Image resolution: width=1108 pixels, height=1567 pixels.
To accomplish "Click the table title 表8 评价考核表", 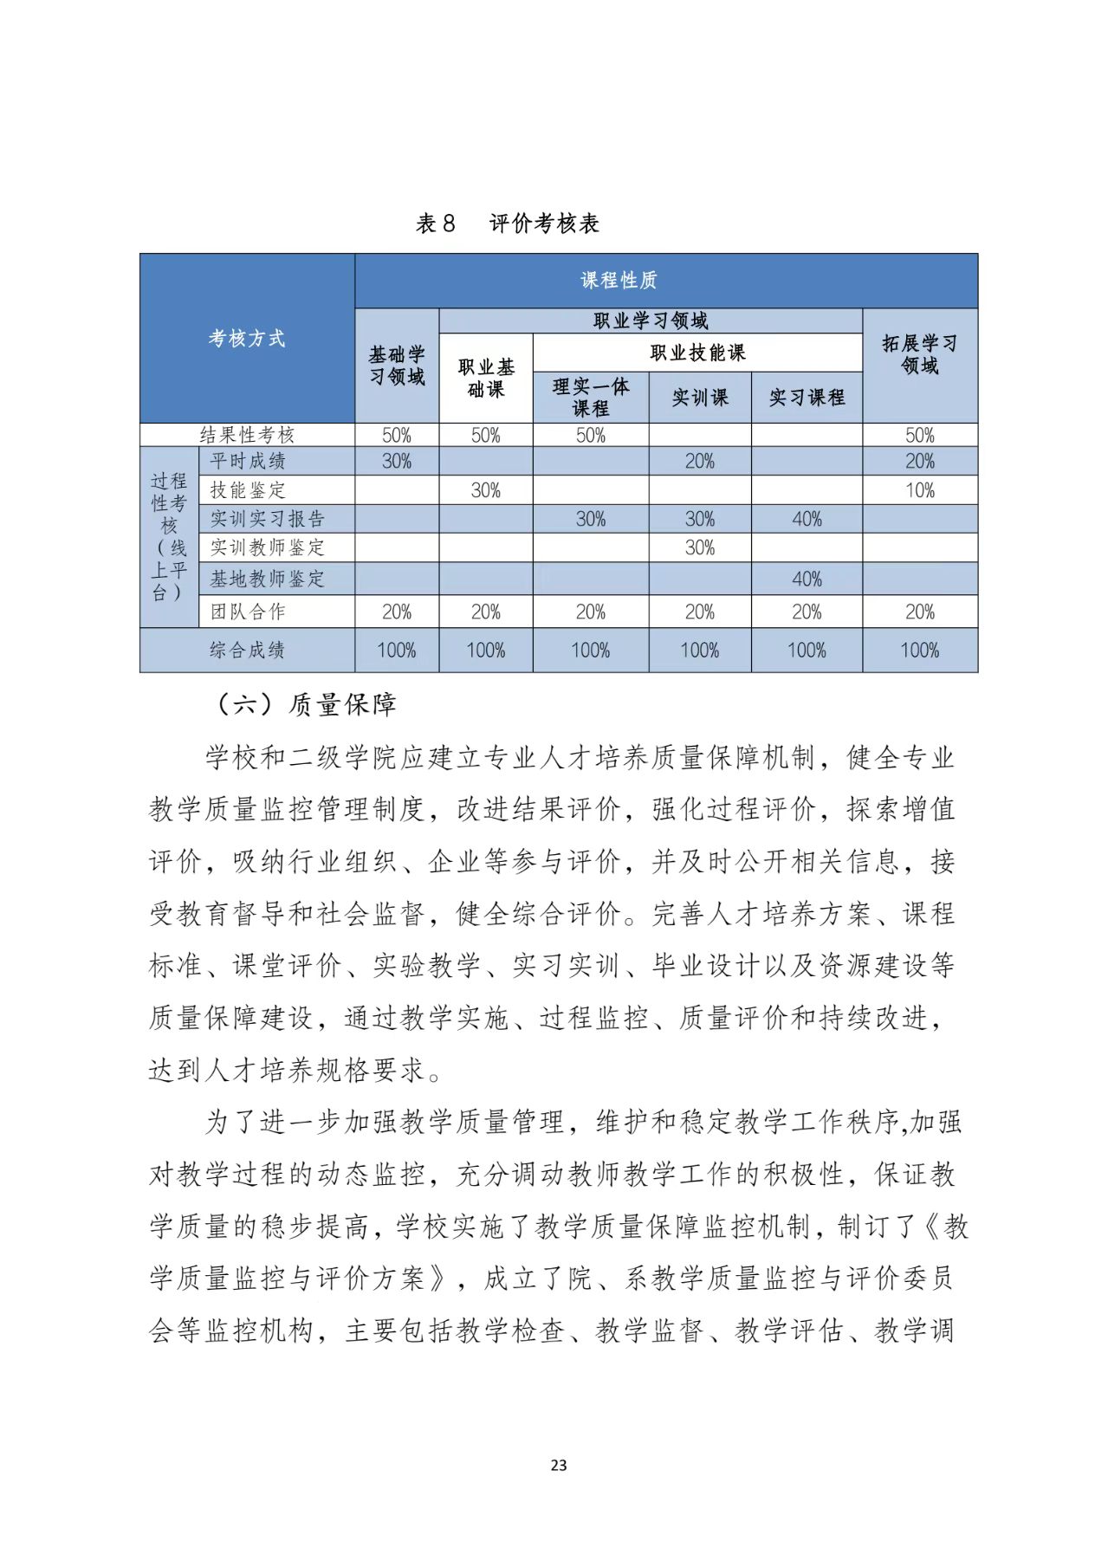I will (508, 223).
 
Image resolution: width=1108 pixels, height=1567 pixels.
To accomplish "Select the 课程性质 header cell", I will (619, 280).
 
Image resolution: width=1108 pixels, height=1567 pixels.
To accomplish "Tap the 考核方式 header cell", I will (247, 338).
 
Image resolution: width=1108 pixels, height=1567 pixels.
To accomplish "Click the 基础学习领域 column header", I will (397, 366).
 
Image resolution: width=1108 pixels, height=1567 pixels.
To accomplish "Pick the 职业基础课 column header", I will (486, 379).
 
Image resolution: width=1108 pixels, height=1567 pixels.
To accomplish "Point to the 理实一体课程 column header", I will (591, 397).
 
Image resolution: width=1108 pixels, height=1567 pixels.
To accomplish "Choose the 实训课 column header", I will (700, 398).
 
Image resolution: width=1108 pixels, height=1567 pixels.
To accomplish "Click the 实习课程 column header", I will (807, 398).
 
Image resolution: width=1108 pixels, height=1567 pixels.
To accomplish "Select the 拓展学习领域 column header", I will (920, 354).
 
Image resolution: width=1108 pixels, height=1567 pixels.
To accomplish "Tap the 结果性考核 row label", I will (247, 435).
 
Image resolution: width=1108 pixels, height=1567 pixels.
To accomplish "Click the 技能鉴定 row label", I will (248, 490).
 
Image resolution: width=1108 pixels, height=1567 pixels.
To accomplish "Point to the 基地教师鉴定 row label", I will (268, 579).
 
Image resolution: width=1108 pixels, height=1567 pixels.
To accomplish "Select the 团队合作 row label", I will (248, 612).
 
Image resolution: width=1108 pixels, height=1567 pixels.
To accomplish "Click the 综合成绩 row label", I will (247, 650).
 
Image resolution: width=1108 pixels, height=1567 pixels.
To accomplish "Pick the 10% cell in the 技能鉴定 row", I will (920, 490).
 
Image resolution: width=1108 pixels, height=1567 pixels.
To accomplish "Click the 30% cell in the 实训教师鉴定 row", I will (700, 547).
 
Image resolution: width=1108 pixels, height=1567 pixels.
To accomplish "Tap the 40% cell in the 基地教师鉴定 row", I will (807, 579).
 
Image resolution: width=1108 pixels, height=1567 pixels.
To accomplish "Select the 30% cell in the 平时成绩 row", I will (397, 461).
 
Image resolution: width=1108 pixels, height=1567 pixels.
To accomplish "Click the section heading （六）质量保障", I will (307, 704).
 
